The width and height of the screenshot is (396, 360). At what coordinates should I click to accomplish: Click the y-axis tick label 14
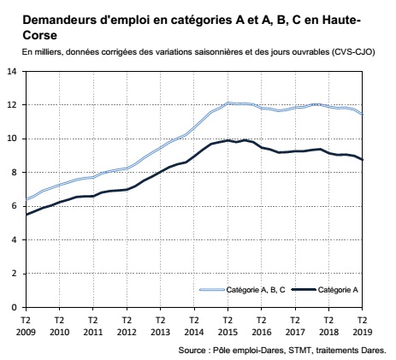point(12,71)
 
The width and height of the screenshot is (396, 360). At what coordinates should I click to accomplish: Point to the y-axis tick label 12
point(12,105)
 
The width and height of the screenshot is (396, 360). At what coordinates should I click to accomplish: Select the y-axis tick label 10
point(12,139)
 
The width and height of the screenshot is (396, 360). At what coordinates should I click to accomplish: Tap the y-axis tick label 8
point(15,172)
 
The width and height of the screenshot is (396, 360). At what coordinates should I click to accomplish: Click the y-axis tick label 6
point(15,206)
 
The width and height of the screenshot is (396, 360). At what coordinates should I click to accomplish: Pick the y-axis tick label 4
point(15,239)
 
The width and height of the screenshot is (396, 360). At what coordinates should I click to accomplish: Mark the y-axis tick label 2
point(15,273)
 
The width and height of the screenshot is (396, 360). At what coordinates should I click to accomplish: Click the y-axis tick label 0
point(15,307)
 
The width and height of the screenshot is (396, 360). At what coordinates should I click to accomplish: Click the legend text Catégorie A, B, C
point(254,291)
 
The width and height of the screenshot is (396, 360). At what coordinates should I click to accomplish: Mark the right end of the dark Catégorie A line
point(363,160)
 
